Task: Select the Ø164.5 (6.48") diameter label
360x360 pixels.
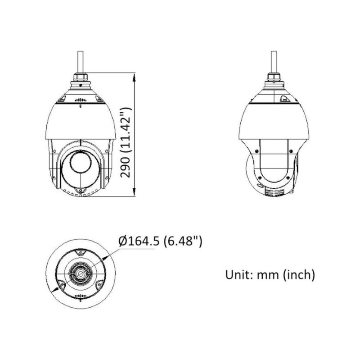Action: [160, 242]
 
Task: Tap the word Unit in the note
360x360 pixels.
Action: [236, 274]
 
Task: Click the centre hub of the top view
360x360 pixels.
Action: [80, 273]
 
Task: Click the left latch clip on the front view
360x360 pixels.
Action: [62, 98]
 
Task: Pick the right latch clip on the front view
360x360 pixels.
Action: [98, 98]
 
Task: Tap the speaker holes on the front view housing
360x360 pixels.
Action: [80, 100]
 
